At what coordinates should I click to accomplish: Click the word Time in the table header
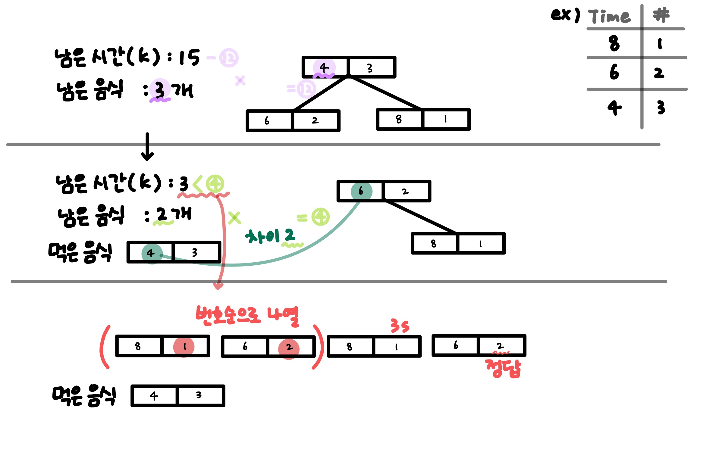click(x=609, y=16)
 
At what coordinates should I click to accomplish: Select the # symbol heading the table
click(x=661, y=15)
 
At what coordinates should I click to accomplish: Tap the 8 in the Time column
click(x=614, y=43)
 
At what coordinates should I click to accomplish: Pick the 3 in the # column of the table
click(x=661, y=107)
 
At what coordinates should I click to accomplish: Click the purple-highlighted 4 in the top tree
click(x=324, y=67)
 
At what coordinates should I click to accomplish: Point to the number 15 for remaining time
click(x=189, y=57)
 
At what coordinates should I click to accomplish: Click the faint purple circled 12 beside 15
click(x=229, y=58)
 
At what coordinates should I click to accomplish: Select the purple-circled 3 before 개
click(x=159, y=90)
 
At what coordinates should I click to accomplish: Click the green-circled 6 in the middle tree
click(x=361, y=191)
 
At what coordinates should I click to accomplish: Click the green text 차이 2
click(x=270, y=236)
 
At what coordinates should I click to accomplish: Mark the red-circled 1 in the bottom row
click(x=184, y=347)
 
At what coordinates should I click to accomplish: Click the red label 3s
click(x=400, y=326)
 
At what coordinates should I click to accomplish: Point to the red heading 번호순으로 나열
click(x=247, y=316)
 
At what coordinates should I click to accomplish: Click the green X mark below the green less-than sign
click(x=234, y=218)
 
